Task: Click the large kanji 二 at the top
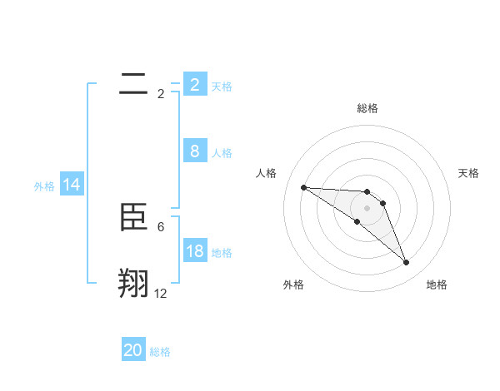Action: click(133, 84)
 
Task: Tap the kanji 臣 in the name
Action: click(133, 218)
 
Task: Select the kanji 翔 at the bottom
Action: click(133, 284)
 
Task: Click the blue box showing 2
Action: click(194, 84)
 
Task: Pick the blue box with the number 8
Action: click(194, 151)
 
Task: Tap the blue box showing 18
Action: click(194, 251)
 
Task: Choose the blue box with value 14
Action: click(72, 186)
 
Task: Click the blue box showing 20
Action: click(133, 350)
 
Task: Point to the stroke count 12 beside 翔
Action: click(160, 294)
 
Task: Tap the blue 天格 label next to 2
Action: click(222, 86)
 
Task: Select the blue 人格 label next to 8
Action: click(222, 153)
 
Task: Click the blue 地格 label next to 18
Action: click(222, 253)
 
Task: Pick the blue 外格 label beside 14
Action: click(44, 187)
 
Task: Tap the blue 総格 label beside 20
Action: click(160, 352)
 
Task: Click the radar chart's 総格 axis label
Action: click(367, 108)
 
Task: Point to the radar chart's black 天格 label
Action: click(469, 173)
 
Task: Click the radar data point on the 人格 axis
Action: click(303, 187)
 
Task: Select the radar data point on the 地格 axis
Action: click(406, 263)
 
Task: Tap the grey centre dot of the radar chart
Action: click(367, 208)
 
